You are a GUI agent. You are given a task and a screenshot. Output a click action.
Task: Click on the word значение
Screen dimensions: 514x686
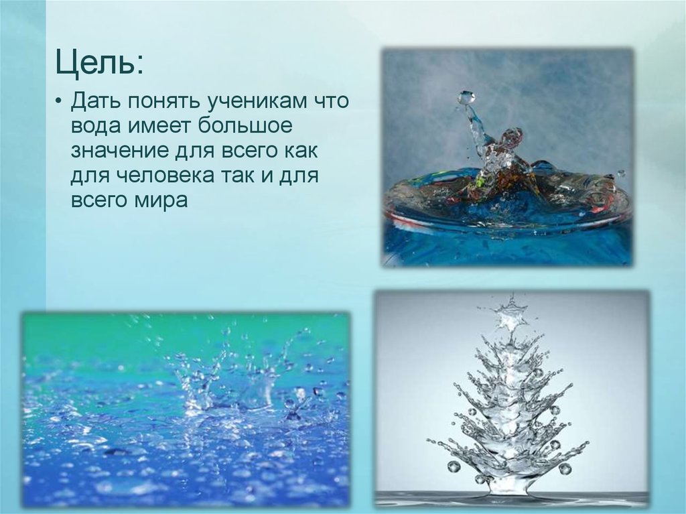(x=121, y=151)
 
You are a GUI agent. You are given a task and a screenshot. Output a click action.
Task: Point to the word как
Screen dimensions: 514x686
(x=299, y=151)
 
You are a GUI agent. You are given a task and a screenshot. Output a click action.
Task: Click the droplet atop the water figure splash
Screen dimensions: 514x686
(x=466, y=98)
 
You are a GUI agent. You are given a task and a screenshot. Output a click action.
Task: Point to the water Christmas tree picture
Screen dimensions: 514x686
(x=512, y=399)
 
